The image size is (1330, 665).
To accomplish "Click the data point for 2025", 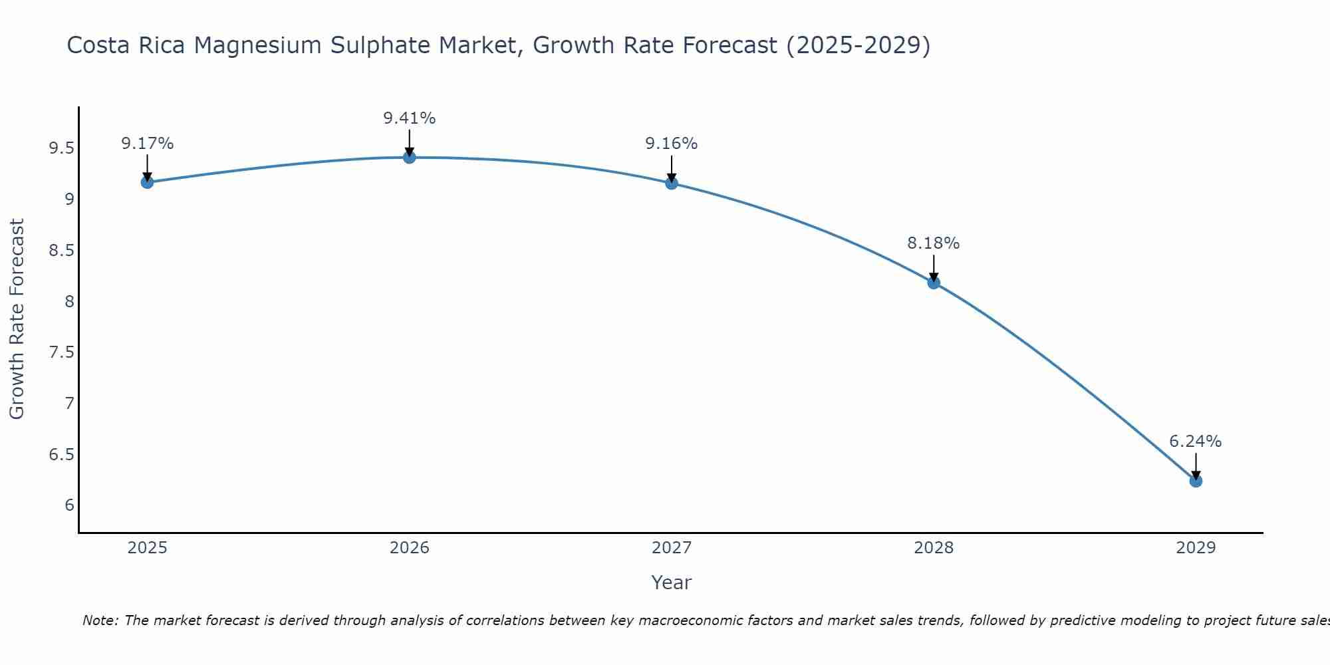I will coord(147,182).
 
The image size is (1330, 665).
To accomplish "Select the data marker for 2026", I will coord(410,157).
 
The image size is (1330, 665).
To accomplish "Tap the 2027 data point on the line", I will coord(672,183).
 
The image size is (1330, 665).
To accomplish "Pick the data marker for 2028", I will coord(934,283).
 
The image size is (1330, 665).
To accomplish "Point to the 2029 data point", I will coord(1196,481).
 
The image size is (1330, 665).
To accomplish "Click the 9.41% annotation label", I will coord(410,118).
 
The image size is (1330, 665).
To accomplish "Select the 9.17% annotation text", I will coord(147,144).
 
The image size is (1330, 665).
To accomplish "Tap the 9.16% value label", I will coord(672,144).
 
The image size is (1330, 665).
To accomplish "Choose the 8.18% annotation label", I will coord(934,243).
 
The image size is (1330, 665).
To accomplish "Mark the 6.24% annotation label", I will coord(1196,442).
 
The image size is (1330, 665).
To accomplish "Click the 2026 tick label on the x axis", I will coord(410,548).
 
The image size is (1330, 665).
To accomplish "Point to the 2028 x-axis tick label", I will coord(934,548).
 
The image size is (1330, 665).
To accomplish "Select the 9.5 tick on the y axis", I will coord(61,148).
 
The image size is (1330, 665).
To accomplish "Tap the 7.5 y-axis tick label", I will coord(61,352).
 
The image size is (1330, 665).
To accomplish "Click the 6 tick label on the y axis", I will coord(69,505).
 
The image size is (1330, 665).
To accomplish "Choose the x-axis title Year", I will coord(672,583).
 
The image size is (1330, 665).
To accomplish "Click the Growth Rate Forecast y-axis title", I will coord(17,319).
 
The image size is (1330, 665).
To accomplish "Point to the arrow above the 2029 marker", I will coord(1196,465).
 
